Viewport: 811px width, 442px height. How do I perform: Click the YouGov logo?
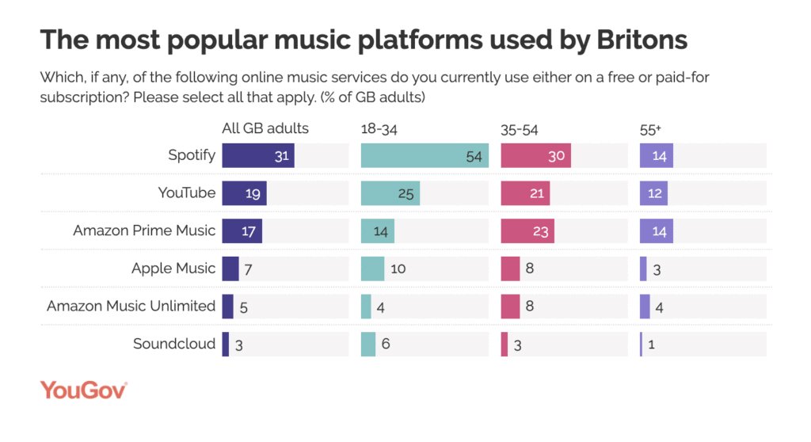tap(83, 390)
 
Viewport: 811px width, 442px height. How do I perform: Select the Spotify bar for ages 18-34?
tap(425, 155)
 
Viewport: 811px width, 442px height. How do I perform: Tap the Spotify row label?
tap(192, 155)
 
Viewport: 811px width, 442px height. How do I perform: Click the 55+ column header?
tap(650, 129)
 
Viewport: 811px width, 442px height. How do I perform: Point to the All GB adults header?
tap(265, 128)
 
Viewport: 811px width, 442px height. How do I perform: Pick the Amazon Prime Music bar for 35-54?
tap(527, 231)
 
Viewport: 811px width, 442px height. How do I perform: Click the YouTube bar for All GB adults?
tap(244, 193)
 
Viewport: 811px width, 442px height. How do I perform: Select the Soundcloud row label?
tap(174, 344)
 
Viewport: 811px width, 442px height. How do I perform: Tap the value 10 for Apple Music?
tap(398, 269)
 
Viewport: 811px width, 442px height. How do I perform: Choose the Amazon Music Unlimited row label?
tap(131, 306)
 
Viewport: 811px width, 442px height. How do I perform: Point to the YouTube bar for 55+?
tap(653, 193)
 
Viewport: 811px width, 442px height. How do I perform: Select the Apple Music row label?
tap(173, 269)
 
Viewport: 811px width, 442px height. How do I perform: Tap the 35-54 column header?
tap(520, 129)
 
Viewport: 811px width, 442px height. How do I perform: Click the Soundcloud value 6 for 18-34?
tap(386, 345)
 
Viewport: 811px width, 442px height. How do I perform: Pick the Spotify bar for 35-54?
tap(535, 155)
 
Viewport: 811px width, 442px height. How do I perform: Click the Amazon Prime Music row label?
tap(144, 231)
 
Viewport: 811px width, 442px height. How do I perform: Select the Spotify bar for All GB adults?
tap(258, 155)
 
